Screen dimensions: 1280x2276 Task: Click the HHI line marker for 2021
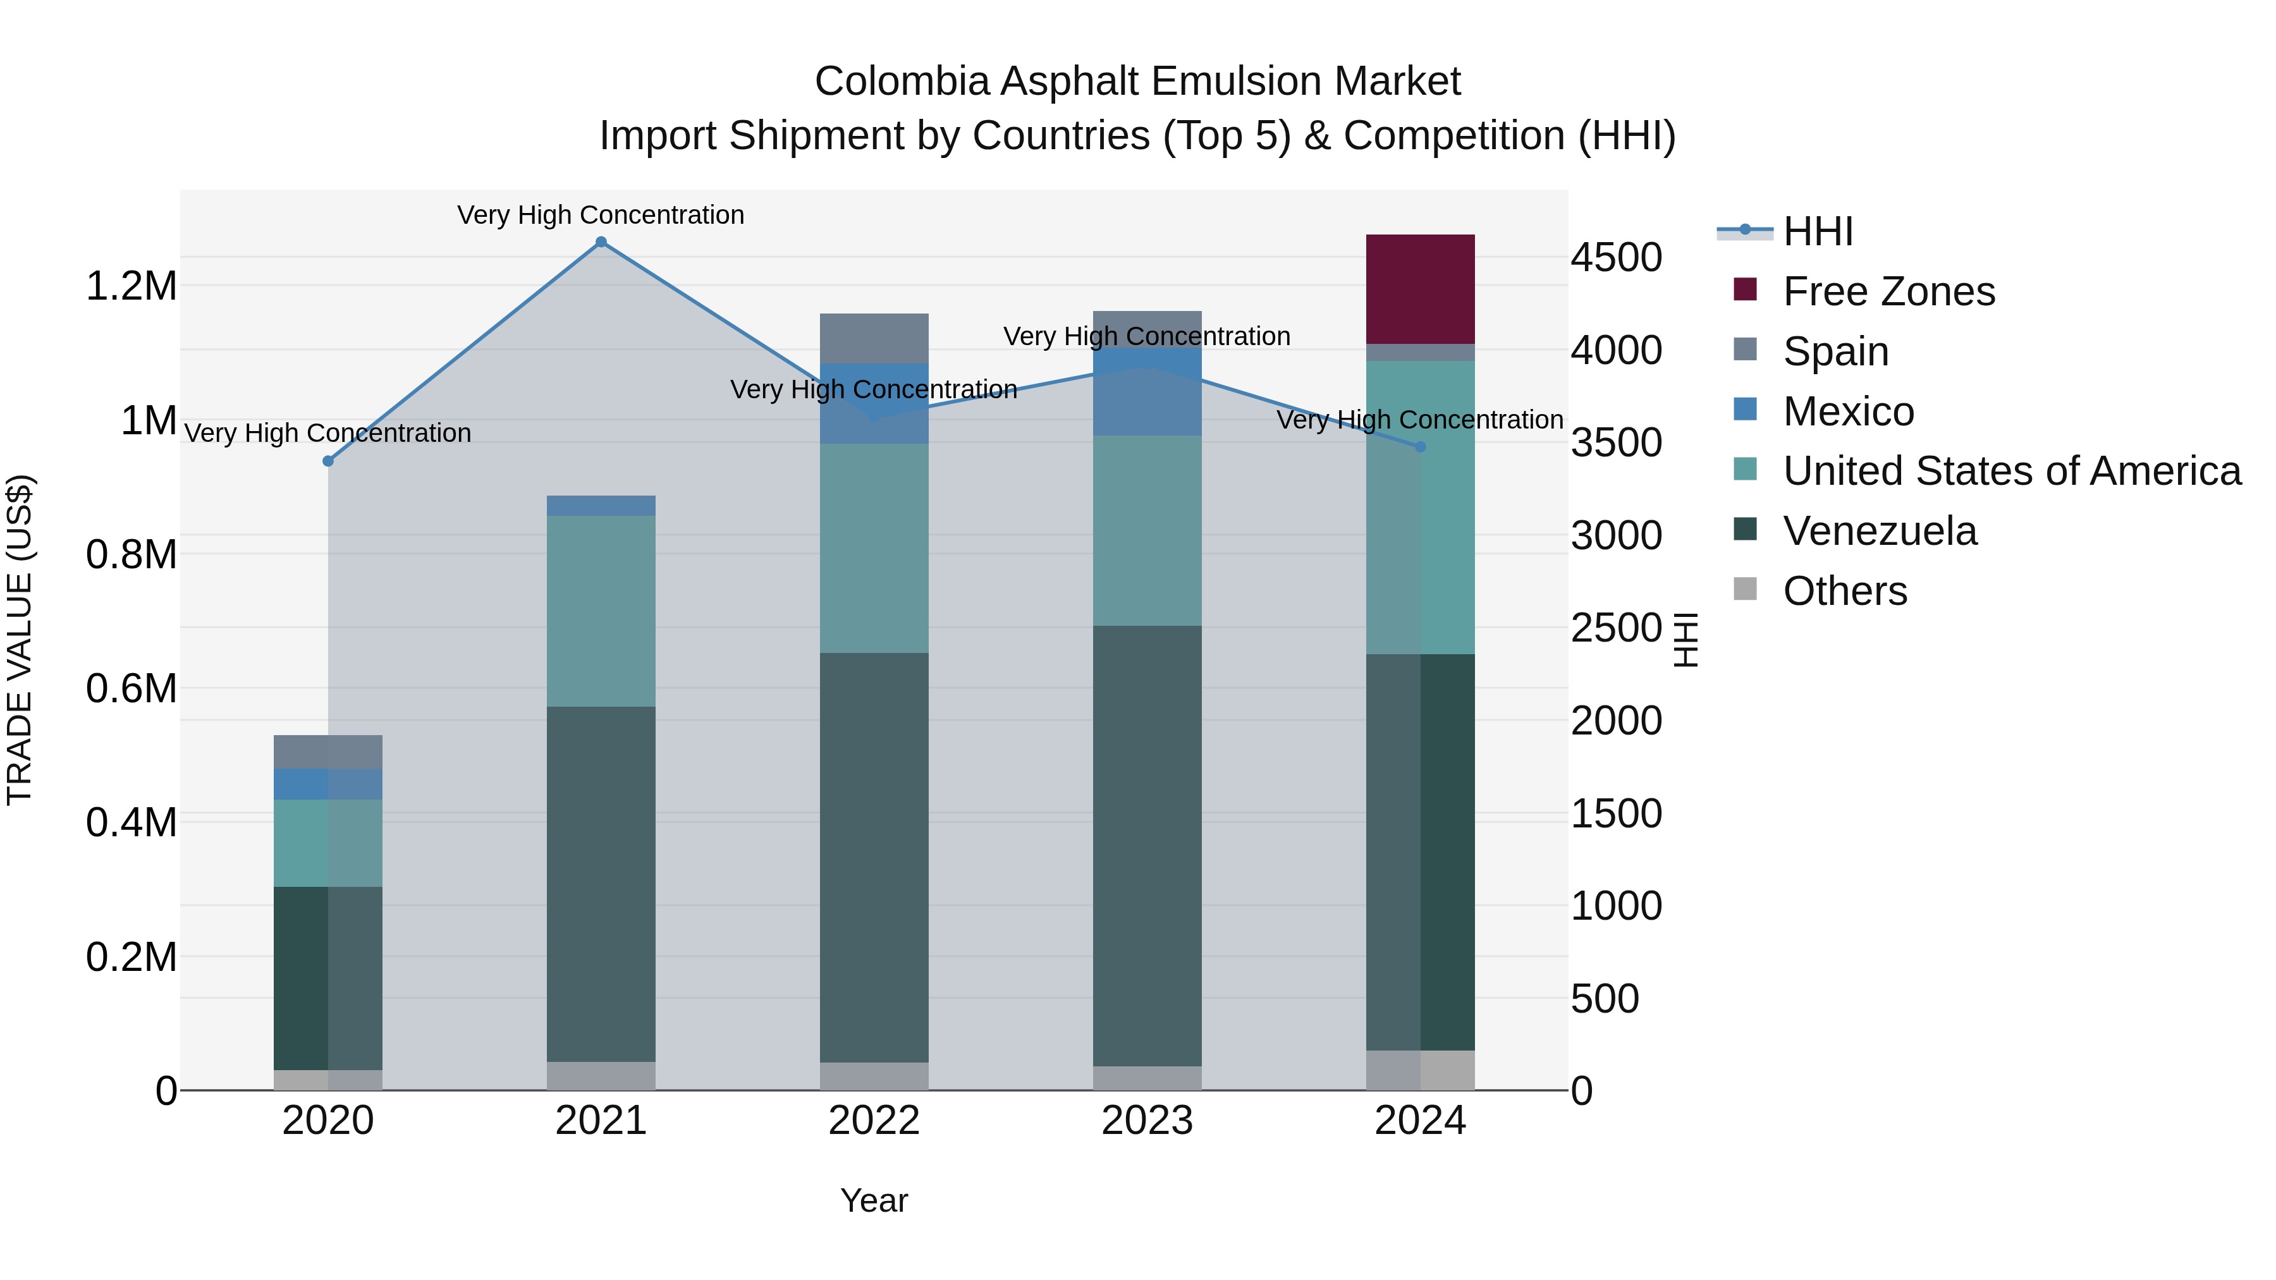point(601,242)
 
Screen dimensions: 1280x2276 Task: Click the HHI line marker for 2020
point(327,461)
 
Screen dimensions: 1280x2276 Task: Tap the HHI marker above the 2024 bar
point(1421,447)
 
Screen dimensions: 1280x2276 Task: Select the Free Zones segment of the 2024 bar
point(1420,289)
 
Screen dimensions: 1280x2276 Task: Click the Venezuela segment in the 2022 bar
point(874,857)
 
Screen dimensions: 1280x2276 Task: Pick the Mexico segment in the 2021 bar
point(601,505)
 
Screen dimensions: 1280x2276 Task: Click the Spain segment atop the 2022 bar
point(874,338)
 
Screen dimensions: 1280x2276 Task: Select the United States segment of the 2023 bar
point(1147,530)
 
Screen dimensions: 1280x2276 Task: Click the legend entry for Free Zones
point(1888,291)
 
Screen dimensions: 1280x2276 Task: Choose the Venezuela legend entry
point(1880,531)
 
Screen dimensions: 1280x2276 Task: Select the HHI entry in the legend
point(1818,231)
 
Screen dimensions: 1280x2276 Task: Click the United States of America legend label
point(2012,471)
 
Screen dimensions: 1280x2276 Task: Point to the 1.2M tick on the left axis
point(132,286)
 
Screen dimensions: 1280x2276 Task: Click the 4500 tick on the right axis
point(1616,258)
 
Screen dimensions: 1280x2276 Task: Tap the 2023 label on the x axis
point(1147,1121)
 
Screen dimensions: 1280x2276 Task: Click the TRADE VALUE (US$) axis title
point(20,640)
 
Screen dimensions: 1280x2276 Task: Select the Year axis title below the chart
point(874,1200)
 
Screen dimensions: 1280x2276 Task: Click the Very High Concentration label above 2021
point(601,215)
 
